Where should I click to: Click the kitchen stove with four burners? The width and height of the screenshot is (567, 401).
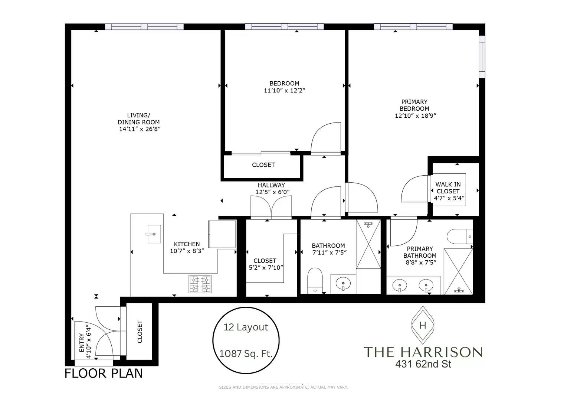point(200,284)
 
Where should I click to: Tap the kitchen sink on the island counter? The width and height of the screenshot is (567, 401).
point(154,234)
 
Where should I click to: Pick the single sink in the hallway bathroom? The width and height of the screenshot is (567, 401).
point(343,284)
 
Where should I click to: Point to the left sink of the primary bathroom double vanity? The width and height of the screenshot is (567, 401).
point(400,286)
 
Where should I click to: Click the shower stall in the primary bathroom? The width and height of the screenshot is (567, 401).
point(458,271)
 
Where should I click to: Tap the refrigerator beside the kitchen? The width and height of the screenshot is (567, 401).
point(222,234)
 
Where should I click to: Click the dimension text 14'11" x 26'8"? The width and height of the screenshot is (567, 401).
point(139,129)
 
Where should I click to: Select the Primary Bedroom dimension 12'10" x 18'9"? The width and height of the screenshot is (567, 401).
point(415,115)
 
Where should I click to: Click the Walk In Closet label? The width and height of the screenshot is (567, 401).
point(448,188)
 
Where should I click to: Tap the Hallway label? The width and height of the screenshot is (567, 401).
point(271,185)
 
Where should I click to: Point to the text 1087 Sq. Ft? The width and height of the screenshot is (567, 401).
point(246,354)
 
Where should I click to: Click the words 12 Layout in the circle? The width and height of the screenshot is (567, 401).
point(246,327)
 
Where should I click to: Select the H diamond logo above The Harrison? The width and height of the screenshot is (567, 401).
point(422,326)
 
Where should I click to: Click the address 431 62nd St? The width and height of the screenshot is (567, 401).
point(423,364)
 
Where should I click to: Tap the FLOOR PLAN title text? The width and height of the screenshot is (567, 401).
point(104,373)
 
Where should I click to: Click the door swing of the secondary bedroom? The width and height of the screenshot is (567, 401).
point(325,137)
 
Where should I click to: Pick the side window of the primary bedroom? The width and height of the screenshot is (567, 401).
point(482,57)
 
